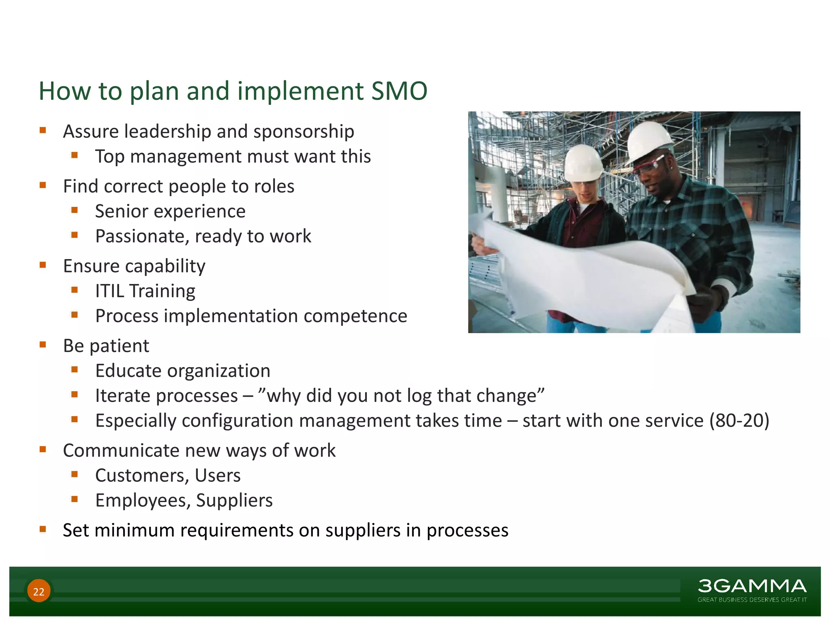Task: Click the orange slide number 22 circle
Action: click(39, 591)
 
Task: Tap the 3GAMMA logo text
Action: click(752, 586)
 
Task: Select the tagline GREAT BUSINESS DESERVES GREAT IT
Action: click(752, 599)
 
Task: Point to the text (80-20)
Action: click(739, 421)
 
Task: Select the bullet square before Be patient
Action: click(43, 345)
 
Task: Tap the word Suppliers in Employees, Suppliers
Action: click(234, 501)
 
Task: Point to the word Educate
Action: click(128, 371)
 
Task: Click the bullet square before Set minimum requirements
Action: click(43, 529)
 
